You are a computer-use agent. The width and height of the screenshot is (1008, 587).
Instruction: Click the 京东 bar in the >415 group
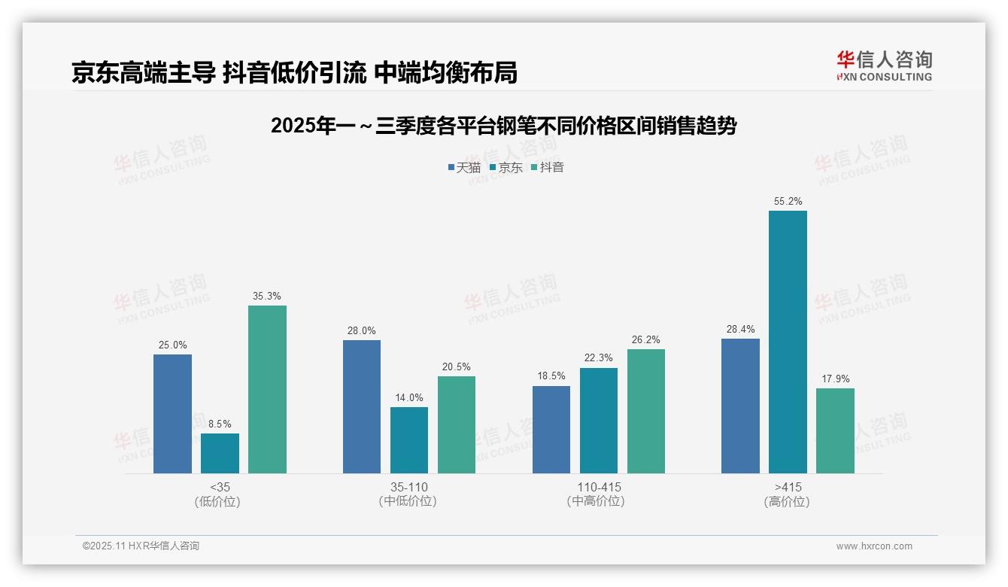pos(788,342)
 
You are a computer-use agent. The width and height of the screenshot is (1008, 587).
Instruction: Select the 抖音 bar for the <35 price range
pos(267,389)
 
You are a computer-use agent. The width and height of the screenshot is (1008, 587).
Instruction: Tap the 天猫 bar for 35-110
pos(362,406)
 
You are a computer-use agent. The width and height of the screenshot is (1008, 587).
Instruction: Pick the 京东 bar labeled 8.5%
pos(220,453)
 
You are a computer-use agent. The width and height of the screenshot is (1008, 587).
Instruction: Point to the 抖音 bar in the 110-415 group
pos(645,411)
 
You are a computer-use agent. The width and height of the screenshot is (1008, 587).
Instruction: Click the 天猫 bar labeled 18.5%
pos(551,430)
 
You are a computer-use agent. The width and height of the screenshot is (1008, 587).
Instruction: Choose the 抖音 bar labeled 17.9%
pos(835,430)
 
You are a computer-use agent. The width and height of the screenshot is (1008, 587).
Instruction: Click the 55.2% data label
pos(788,202)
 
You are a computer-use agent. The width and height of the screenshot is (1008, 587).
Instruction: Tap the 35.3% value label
pos(267,297)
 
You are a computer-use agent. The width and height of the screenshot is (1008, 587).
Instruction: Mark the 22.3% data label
pos(598,358)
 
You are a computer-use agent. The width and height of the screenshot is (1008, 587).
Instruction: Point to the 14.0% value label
pos(409,398)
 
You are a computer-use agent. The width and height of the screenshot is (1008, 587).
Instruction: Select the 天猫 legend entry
pos(464,168)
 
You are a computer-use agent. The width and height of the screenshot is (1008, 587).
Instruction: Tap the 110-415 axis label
pos(599,488)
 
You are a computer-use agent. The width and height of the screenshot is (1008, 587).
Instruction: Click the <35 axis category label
pos(220,488)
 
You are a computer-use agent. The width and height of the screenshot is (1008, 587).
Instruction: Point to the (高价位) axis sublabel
pos(787,502)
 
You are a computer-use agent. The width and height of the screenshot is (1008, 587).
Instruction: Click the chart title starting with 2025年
pos(503,126)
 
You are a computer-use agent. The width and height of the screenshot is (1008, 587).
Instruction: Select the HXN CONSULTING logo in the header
pos(884,66)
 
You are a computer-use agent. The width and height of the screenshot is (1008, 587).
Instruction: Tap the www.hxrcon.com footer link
pos(874,546)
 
